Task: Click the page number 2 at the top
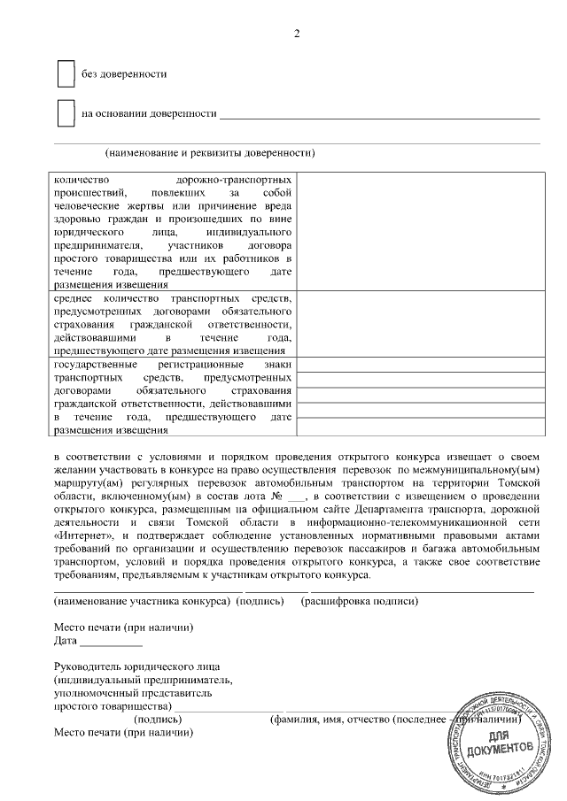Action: click(x=297, y=34)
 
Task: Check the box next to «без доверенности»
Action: click(x=65, y=74)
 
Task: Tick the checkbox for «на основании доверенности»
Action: click(x=65, y=113)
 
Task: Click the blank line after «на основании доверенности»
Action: click(x=379, y=116)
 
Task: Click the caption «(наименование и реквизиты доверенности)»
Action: click(x=210, y=152)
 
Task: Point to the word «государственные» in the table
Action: click(x=95, y=365)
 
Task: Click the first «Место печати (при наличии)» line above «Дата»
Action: click(x=123, y=628)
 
